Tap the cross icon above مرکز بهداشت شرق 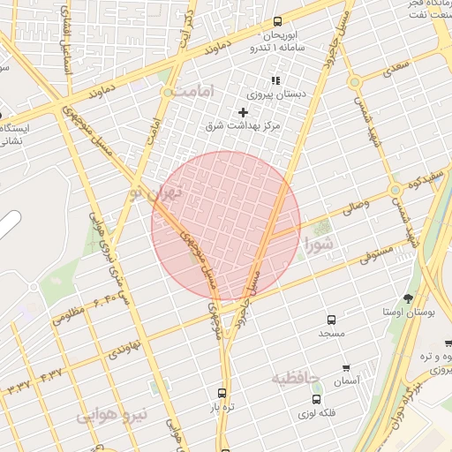click(243, 112)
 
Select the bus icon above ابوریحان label click(278, 21)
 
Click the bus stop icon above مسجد click(331, 320)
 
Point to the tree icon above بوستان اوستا click(407, 298)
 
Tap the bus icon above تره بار click(222, 393)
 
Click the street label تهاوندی click(124, 347)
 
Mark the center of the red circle click(226, 226)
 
